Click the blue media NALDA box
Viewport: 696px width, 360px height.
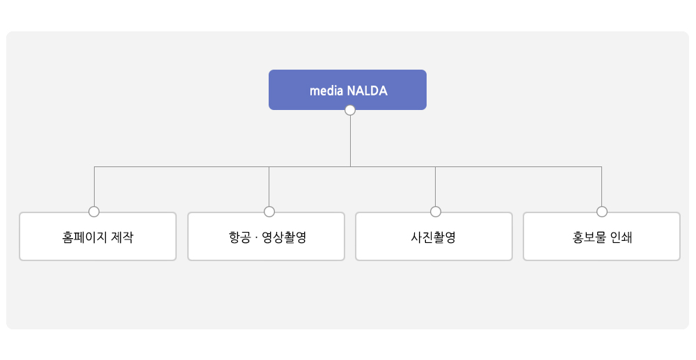pos(347,90)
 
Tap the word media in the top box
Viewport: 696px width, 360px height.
pos(326,91)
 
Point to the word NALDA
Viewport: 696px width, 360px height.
pos(367,91)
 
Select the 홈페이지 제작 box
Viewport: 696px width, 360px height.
pos(97,236)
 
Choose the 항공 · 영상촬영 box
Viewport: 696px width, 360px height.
pos(266,236)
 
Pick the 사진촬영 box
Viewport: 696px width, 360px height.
pos(434,236)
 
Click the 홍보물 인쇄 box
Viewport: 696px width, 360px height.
pos(601,236)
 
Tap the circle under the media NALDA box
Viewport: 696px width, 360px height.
pos(350,110)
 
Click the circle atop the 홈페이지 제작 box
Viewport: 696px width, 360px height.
pos(94,212)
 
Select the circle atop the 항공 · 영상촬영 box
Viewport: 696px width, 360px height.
pos(269,212)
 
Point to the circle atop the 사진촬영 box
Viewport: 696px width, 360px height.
pos(436,212)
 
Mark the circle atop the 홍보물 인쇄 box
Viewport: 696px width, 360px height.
pos(602,212)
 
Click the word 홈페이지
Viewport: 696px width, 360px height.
pos(84,237)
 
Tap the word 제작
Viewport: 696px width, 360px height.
pos(122,237)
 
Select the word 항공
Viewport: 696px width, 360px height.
pos(239,237)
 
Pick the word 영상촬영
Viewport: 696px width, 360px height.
pos(284,237)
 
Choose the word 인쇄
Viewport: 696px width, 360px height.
pos(621,237)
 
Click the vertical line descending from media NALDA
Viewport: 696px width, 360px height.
pos(350,141)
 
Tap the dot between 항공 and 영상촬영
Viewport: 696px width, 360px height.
pos(257,237)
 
